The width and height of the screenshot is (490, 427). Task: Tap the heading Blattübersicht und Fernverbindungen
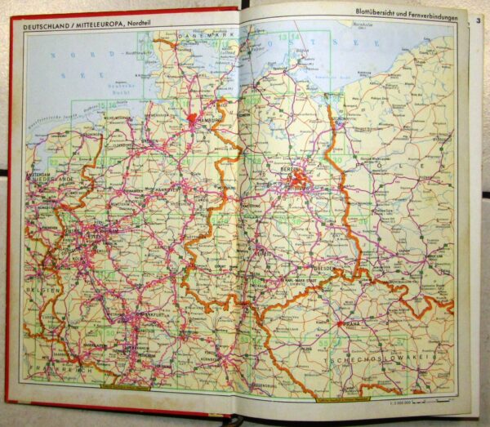tap(403, 13)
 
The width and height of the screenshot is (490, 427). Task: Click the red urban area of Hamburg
tap(193, 120)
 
